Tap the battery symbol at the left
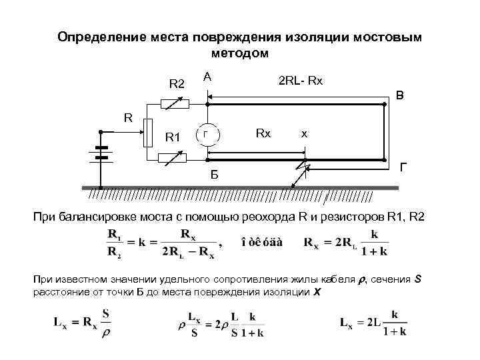(101, 153)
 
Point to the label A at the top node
(208, 77)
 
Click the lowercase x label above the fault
(304, 133)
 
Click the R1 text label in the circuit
(173, 137)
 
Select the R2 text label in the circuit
(177, 84)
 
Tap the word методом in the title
(239, 52)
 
